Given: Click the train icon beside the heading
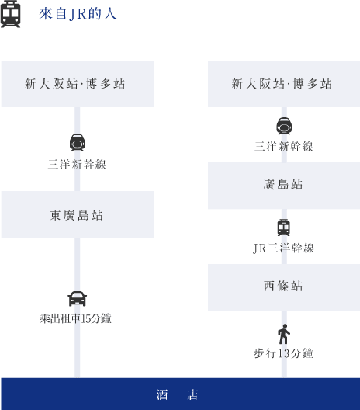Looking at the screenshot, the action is click(x=10, y=14).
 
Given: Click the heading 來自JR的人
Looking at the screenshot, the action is click(x=78, y=14).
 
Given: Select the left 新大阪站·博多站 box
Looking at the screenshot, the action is click(x=78, y=84).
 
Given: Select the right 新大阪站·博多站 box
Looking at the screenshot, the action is click(x=284, y=84).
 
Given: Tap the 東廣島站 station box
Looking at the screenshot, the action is click(x=78, y=214).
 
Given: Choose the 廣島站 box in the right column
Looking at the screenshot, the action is click(x=284, y=186).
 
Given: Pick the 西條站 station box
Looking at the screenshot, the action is click(x=284, y=287).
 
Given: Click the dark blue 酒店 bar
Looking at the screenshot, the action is click(x=181, y=394).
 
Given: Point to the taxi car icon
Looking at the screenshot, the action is click(x=77, y=299).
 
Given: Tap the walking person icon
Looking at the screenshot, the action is click(x=284, y=334).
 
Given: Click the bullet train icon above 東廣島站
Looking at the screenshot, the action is click(x=77, y=142).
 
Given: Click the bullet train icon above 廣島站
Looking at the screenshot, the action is click(x=284, y=126).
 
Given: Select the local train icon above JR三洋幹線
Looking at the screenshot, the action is click(x=284, y=228).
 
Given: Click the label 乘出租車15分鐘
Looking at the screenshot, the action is click(x=75, y=318).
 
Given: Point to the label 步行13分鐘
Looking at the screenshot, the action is click(x=283, y=353).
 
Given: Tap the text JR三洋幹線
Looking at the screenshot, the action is click(x=284, y=248).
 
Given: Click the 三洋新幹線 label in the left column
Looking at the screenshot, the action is click(x=77, y=165).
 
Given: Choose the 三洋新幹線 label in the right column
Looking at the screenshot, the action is click(x=284, y=147).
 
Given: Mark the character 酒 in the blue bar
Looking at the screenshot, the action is click(x=162, y=394).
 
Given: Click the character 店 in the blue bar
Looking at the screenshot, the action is click(x=192, y=394).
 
